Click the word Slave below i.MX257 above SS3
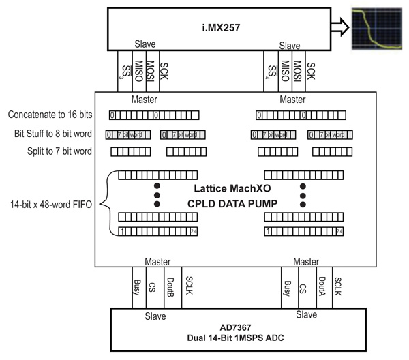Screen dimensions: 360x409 point(145,45)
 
